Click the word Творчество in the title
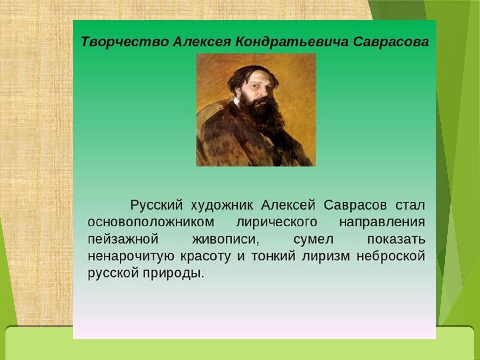(x=125, y=42)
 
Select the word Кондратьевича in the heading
(x=292, y=42)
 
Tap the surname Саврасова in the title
(x=391, y=42)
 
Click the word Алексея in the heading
(x=202, y=42)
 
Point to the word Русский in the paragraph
(x=156, y=205)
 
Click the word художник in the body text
(x=222, y=205)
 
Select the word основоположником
(x=151, y=222)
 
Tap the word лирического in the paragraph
(x=277, y=222)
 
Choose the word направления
(x=382, y=222)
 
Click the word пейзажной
(x=123, y=239)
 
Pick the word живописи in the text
(x=226, y=239)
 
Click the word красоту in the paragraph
(x=205, y=256)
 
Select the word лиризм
(x=325, y=256)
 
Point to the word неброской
(x=391, y=256)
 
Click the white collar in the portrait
(x=236, y=102)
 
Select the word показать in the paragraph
(x=396, y=239)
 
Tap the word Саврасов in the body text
(x=355, y=205)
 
